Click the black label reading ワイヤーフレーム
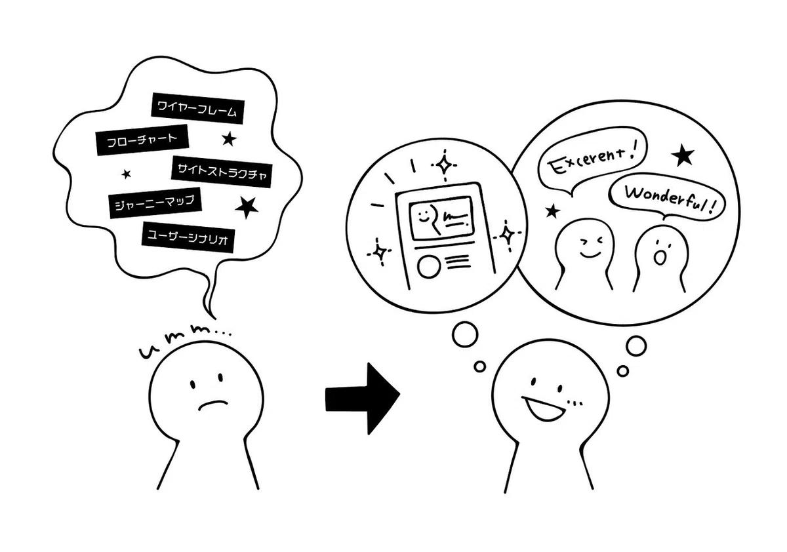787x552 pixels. [198, 108]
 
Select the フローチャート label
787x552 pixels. [142, 140]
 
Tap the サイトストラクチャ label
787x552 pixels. [222, 172]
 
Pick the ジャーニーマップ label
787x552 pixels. [155, 203]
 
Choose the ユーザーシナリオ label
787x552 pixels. [188, 237]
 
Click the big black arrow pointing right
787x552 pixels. [363, 399]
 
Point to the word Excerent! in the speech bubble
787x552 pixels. [592, 161]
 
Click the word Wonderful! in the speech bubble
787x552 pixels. [670, 200]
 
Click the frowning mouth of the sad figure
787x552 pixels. [213, 405]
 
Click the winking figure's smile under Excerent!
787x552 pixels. [590, 254]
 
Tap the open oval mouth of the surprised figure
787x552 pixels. [660, 257]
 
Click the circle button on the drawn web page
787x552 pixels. [429, 267]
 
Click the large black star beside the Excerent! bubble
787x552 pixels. [683, 155]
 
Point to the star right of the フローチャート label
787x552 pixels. [229, 139]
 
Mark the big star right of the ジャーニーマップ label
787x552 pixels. [247, 207]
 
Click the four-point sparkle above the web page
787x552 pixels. [445, 165]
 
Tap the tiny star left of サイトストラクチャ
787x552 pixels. [126, 174]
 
